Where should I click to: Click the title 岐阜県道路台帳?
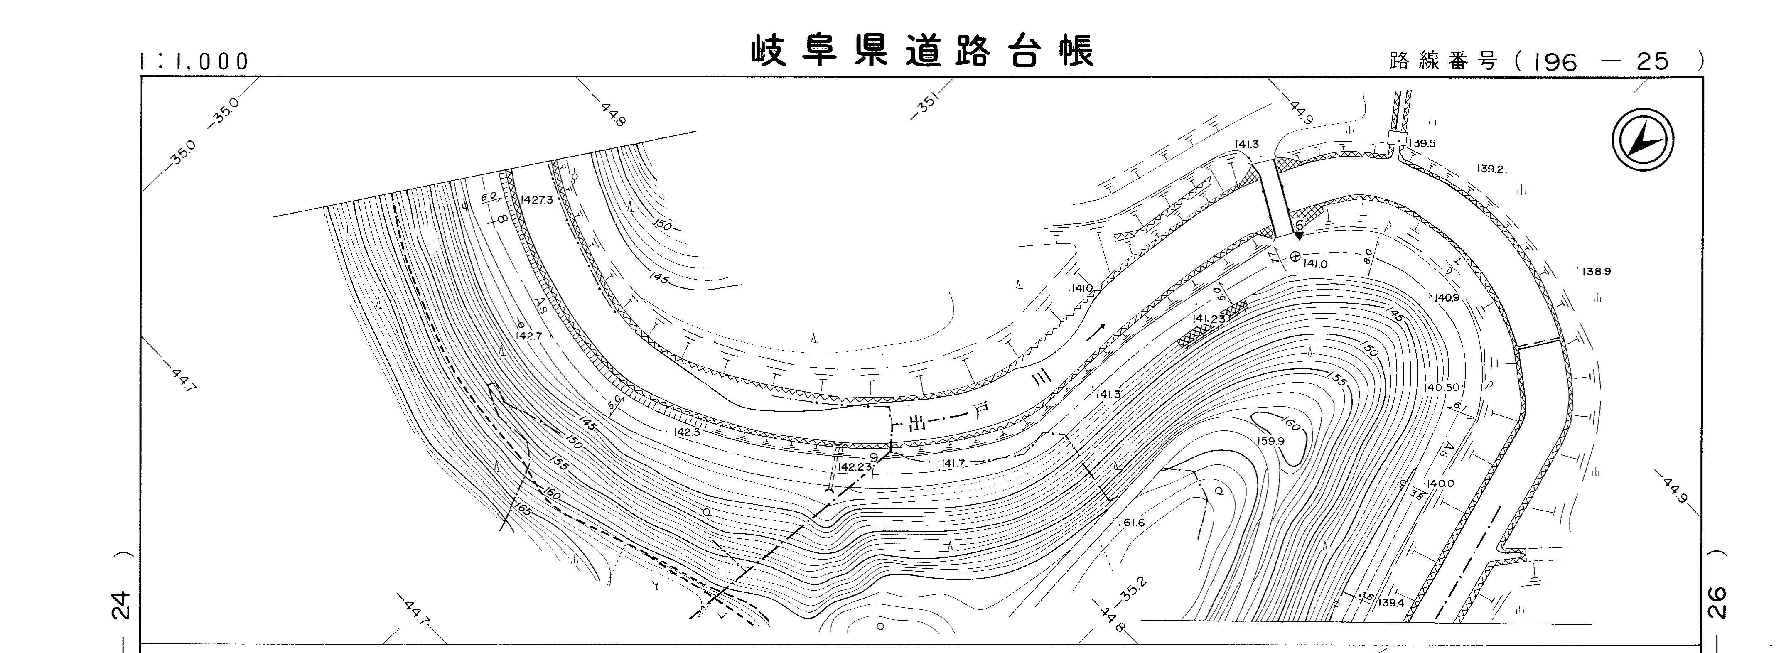922,51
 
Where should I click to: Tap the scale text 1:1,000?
194,62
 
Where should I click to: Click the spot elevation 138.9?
1597,272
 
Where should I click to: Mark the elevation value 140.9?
1447,298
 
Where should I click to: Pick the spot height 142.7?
528,336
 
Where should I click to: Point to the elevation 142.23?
854,467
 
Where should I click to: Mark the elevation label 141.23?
1209,319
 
